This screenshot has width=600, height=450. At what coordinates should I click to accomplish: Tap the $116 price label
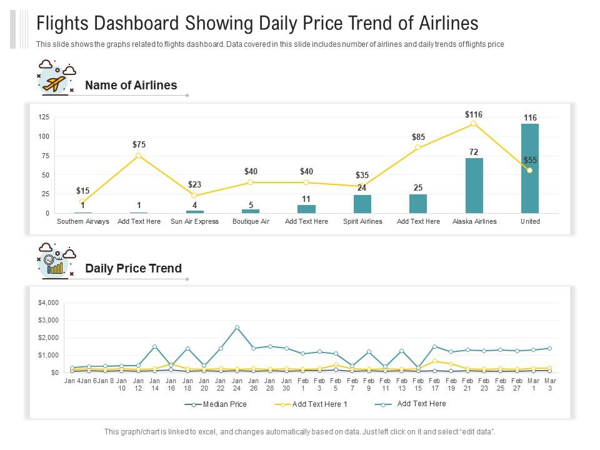(x=474, y=114)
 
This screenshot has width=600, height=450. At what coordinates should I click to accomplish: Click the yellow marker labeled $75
(x=139, y=156)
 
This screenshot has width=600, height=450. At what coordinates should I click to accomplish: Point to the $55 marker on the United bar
(x=529, y=170)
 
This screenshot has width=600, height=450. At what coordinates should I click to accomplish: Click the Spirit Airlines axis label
(x=362, y=221)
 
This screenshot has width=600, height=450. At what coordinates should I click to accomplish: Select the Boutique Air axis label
(x=250, y=221)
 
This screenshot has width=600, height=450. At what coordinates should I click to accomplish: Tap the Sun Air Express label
(x=194, y=221)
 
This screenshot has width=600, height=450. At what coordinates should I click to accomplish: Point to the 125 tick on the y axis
(x=44, y=117)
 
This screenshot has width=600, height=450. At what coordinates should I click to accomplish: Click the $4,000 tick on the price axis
(x=48, y=303)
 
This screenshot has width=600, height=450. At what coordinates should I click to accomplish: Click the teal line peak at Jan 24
(x=237, y=327)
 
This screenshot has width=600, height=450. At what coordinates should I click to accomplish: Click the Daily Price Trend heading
(x=133, y=269)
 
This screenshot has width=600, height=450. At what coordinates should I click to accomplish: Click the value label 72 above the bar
(x=474, y=152)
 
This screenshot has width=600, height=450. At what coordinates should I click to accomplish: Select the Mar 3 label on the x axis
(x=549, y=384)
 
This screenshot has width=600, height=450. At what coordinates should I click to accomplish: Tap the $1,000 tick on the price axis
(x=48, y=355)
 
